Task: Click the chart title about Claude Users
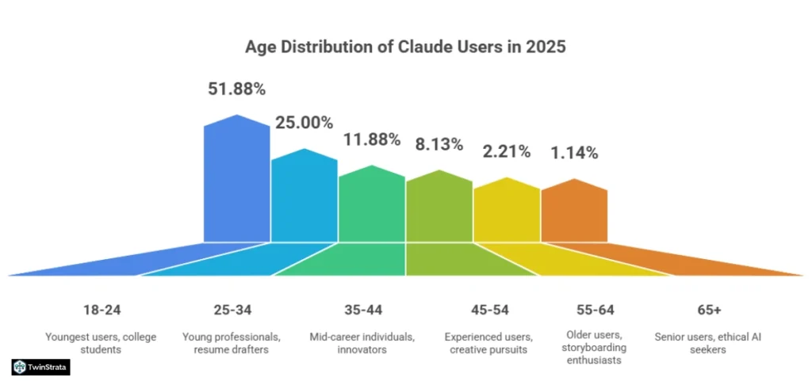click(405, 47)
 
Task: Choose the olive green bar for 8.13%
click(439, 207)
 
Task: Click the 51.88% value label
click(237, 90)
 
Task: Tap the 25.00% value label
click(304, 123)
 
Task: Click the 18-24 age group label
click(102, 309)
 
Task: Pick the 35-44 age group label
click(362, 309)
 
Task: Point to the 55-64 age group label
click(596, 309)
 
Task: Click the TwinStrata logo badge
click(41, 367)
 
